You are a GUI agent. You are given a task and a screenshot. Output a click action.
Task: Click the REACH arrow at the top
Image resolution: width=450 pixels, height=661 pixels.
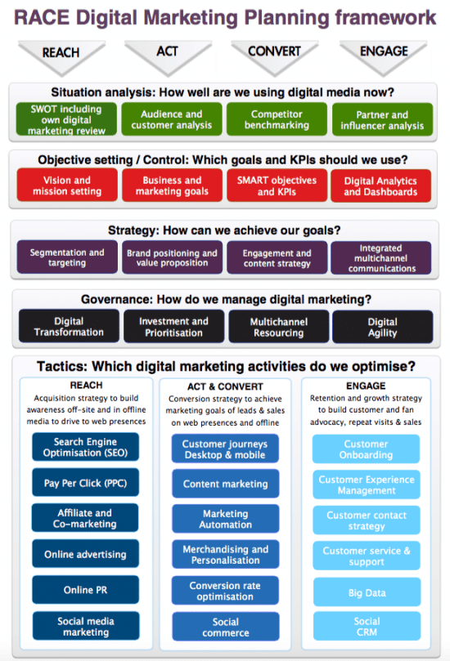[x=61, y=57]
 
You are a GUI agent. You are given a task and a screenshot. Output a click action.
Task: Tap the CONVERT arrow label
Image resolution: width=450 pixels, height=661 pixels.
[x=274, y=51]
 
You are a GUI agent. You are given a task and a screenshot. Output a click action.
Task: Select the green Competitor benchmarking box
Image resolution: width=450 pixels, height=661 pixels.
[x=277, y=119]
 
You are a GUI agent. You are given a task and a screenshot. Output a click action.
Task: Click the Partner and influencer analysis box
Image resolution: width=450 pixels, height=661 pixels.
[x=382, y=120]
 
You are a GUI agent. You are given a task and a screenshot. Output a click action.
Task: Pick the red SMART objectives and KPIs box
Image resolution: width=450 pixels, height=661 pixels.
[x=277, y=185]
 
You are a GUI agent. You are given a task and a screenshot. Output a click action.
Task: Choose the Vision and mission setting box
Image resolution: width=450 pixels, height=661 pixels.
[x=67, y=185]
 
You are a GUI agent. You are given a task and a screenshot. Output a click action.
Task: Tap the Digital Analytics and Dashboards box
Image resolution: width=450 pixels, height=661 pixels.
[x=380, y=186]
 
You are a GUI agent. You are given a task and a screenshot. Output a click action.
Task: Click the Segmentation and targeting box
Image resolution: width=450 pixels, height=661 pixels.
[x=67, y=257]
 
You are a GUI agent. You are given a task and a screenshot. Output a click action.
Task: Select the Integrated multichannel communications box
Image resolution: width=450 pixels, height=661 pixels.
[x=381, y=258]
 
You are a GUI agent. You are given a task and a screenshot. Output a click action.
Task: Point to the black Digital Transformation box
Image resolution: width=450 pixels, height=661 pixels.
[x=69, y=326]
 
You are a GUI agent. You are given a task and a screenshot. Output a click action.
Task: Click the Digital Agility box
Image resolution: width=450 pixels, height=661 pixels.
[x=382, y=327]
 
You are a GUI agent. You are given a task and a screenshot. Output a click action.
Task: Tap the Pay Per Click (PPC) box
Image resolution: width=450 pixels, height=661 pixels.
[x=85, y=482]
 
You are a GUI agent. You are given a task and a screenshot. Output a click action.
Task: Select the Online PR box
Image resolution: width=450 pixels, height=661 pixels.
[x=85, y=589]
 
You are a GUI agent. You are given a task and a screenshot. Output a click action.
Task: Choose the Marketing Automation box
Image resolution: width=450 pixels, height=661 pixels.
[x=226, y=519]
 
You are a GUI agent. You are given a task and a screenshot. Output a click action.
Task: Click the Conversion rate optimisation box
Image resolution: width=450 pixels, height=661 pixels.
[x=225, y=590]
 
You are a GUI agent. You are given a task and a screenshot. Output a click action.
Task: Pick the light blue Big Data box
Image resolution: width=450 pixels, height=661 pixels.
[x=367, y=592]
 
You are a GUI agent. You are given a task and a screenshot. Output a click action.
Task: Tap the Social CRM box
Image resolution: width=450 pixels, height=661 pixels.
[x=367, y=626]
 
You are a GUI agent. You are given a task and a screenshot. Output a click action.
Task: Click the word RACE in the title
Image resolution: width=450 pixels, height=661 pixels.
[x=42, y=18]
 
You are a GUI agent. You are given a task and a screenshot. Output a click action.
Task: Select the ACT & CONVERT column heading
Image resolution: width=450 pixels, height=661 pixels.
[x=225, y=386]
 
